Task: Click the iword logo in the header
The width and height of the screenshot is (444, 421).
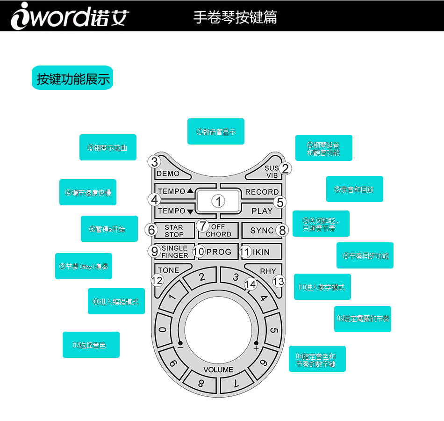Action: point(70,16)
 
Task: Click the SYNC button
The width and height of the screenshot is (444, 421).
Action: point(262,230)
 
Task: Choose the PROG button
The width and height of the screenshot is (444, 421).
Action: point(219,252)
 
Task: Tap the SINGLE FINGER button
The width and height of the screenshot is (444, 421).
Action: point(174,252)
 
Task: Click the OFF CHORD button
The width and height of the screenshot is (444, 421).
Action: point(218,230)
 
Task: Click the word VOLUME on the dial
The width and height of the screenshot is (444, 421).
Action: point(218,370)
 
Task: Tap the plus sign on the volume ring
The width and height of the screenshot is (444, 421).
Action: point(256,348)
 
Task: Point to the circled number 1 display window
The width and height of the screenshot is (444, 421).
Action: point(218,201)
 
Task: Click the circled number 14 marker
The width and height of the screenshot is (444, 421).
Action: point(251,284)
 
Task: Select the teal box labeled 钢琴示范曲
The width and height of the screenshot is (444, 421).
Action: point(107,147)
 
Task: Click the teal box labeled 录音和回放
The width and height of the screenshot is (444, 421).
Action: point(354,189)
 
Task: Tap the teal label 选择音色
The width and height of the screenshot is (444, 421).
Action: point(91,345)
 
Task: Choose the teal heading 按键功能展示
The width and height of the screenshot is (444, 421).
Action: point(72,78)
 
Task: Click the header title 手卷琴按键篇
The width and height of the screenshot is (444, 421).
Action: point(235,17)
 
